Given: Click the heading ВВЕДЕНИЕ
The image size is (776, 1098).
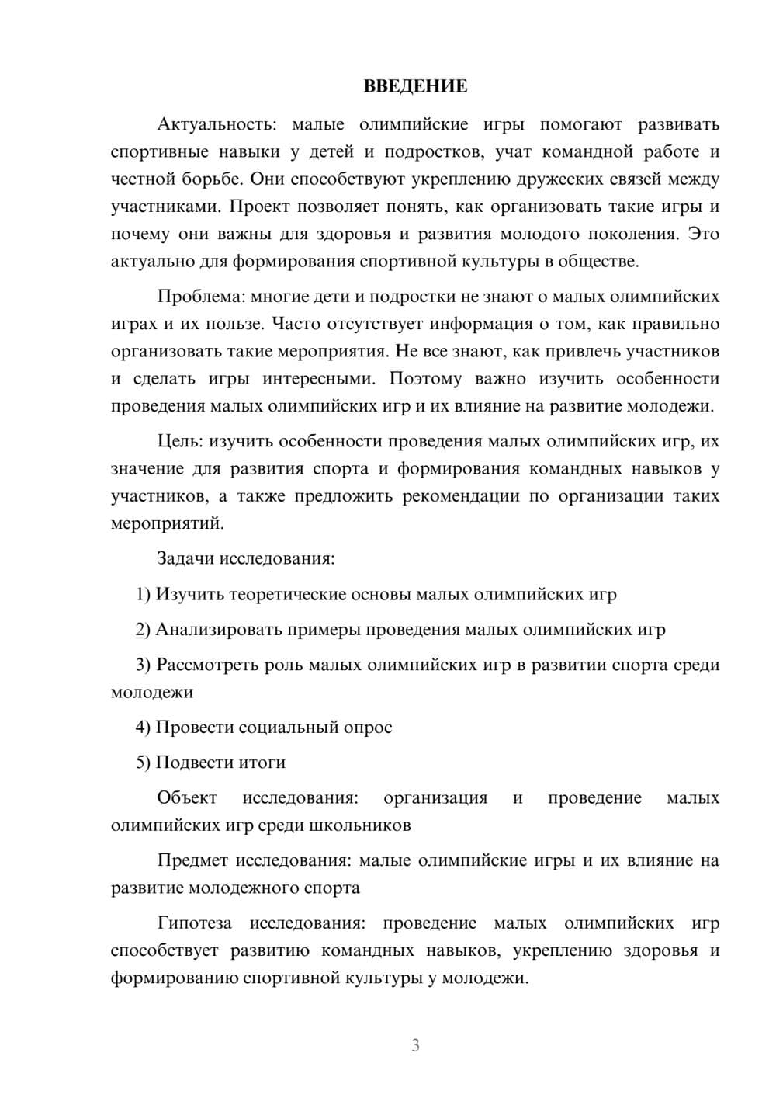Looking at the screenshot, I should pos(415,86).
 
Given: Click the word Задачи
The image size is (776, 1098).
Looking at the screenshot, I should pos(185,558).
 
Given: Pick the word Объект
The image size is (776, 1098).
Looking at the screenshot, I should pos(187,798).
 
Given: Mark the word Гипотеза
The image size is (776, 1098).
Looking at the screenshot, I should pos(194,923).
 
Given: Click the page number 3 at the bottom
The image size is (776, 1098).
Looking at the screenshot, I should pos(415,1045).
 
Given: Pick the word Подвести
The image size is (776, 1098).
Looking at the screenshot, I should pos(190,763).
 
